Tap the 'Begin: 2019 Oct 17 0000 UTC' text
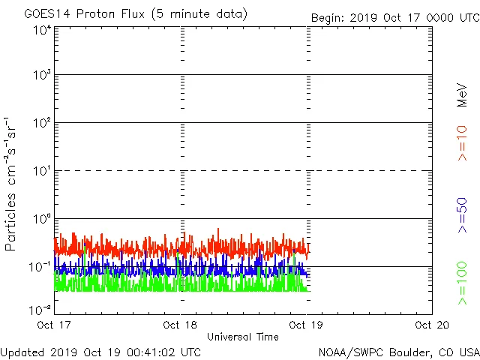pos(394,18)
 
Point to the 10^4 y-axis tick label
pos(42,30)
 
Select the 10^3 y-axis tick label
pos(42,76)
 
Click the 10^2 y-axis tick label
pos(42,124)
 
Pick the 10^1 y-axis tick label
pos(42,172)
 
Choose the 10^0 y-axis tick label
pos(42,220)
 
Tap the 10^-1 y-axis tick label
pos(40,268)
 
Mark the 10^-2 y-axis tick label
pos(40,310)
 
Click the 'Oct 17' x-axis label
pos(55,325)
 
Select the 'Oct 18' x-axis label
pos(181,325)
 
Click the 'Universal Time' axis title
pos(243,337)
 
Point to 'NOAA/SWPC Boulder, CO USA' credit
pos(398,352)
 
